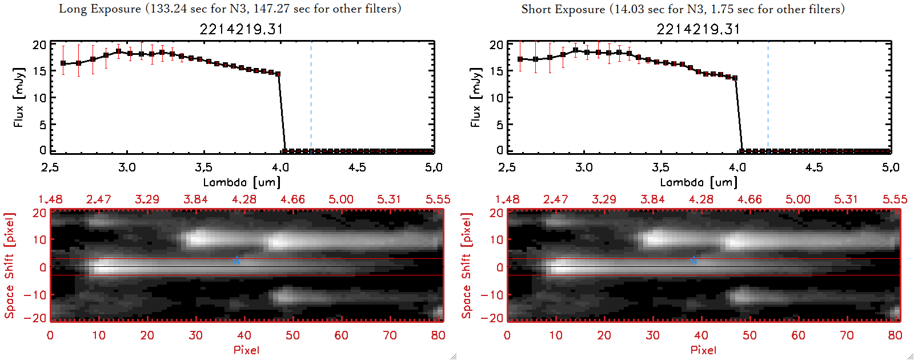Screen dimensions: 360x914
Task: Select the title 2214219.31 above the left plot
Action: pos(241,29)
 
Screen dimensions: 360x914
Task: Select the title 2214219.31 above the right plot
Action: pos(698,29)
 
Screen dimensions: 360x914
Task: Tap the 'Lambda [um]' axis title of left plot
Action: pos(242,182)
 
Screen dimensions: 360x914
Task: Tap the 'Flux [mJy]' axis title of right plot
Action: pos(476,97)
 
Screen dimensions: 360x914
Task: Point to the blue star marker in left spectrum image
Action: pos(236,260)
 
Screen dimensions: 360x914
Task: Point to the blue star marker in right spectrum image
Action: pos(693,260)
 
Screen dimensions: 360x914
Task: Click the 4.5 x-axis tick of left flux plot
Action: pos(357,167)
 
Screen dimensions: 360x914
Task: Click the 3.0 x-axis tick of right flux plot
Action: pos(584,167)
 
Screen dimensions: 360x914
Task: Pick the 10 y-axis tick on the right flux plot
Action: pos(496,98)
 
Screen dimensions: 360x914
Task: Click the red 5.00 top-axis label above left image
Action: pos(340,199)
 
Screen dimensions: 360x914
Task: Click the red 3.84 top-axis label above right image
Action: pos(652,199)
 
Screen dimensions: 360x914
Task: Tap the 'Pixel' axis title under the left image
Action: pos(246,350)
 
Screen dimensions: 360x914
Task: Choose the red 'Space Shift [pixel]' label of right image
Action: pos(466,266)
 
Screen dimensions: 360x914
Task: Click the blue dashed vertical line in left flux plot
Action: pos(311,97)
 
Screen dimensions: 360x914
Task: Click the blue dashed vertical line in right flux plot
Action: pos(768,97)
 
